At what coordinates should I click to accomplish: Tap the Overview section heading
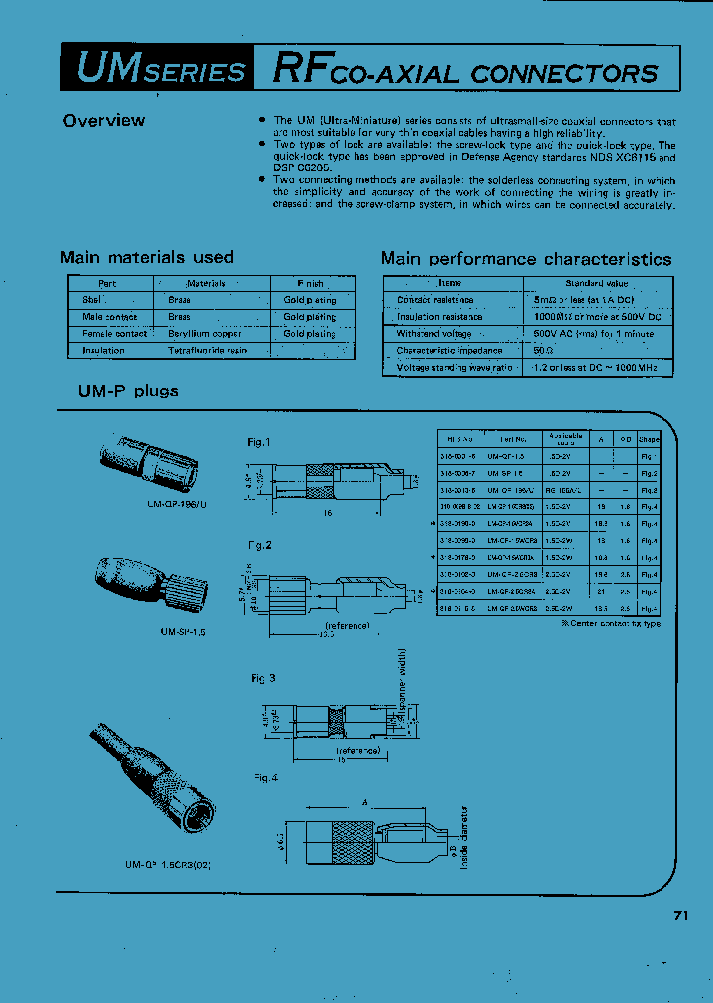pos(103,121)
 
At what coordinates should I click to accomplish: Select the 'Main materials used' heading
pos(147,258)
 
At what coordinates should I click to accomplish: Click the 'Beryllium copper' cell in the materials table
pos(205,334)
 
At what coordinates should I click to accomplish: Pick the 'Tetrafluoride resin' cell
pos(207,351)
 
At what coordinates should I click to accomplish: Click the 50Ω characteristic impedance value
pos(543,351)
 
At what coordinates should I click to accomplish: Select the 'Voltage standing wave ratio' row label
pos(455,368)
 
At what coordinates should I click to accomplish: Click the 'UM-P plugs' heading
pos(129,391)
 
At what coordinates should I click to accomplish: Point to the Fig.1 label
pos(258,442)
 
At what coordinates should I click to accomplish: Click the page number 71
pos(680,916)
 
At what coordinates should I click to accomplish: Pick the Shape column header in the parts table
pos(649,438)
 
